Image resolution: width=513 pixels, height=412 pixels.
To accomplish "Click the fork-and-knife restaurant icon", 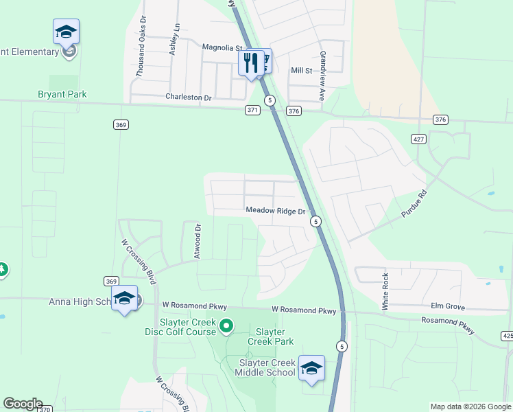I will pos(250,63).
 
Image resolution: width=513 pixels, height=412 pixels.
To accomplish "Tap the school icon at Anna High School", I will pos(124,299).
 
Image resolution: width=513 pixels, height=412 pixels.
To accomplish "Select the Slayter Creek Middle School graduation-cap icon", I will pos(311,369).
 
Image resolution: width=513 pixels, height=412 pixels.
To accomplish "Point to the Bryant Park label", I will pos(62,94).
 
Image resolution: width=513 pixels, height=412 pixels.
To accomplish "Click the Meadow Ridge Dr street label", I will pos(275,211).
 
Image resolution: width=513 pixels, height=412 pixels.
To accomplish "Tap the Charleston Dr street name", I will pos(189,98).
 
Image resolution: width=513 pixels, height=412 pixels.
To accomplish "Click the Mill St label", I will pos(301,70).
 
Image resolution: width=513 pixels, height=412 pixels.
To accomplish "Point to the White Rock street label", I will pos(385,290).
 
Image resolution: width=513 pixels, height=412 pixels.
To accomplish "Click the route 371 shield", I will pos(253,110).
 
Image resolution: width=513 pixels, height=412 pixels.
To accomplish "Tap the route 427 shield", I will pos(418,139).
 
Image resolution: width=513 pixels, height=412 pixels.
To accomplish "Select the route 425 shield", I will pos(507,336).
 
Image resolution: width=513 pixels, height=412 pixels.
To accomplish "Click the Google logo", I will pos(23,404).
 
